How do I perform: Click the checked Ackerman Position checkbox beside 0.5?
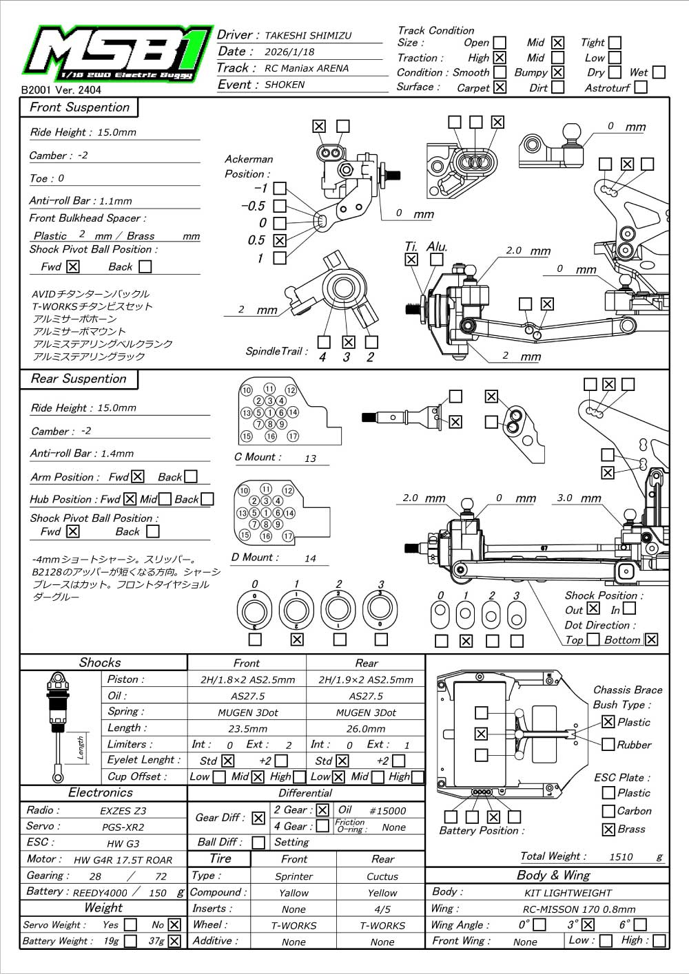pyautogui.click(x=280, y=240)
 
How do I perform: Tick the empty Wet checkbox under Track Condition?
pyautogui.click(x=659, y=72)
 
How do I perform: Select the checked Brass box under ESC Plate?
pyautogui.click(x=608, y=829)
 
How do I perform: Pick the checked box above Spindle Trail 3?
pyautogui.click(x=348, y=342)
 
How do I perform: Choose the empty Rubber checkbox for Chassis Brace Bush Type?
pyautogui.click(x=608, y=744)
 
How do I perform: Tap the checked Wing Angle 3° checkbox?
pyautogui.click(x=588, y=924)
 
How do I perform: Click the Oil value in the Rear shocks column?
pyautogui.click(x=366, y=696)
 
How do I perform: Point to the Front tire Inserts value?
pyautogui.click(x=294, y=909)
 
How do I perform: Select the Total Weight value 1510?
pyautogui.click(x=621, y=856)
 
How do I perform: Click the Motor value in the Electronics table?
pyautogui.click(x=123, y=860)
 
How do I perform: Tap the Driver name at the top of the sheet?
pyautogui.click(x=308, y=36)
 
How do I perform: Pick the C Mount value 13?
pyautogui.click(x=310, y=458)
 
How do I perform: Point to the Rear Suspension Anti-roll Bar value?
pyautogui.click(x=117, y=454)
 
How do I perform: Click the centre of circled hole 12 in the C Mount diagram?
pyautogui.click(x=291, y=390)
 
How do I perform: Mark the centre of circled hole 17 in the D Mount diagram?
pyautogui.click(x=288, y=536)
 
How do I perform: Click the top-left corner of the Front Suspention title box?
pyautogui.click(x=20, y=98)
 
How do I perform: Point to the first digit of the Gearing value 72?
pyautogui.click(x=158, y=877)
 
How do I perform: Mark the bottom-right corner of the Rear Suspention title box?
pyautogui.click(x=138, y=389)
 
